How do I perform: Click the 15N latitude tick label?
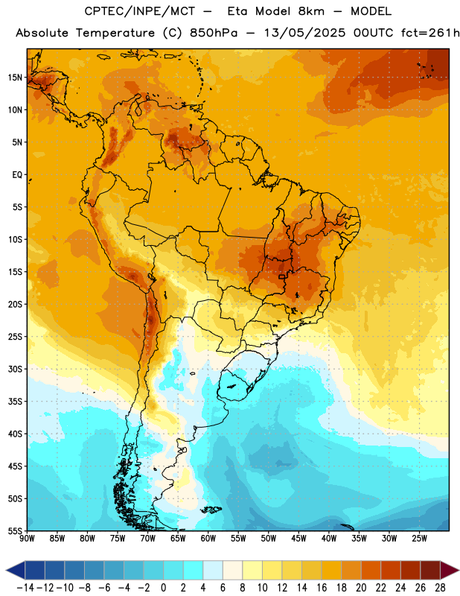(x=15, y=77)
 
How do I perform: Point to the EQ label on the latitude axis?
(x=17, y=175)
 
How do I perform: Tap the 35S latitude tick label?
(x=15, y=402)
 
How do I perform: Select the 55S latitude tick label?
(x=15, y=530)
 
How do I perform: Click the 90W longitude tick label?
(x=27, y=538)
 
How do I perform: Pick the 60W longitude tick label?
(x=208, y=538)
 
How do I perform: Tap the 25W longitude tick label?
(x=419, y=538)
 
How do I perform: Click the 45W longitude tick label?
(x=298, y=538)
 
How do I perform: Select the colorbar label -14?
(x=25, y=588)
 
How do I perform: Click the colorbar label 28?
(x=440, y=588)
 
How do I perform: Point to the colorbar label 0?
(x=163, y=588)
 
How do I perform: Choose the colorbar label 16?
(x=322, y=588)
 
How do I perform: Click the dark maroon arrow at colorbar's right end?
(x=449, y=570)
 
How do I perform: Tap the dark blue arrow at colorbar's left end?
(x=16, y=570)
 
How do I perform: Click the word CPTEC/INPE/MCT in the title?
(x=140, y=11)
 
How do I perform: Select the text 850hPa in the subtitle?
(x=214, y=33)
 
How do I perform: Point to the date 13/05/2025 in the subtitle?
(x=304, y=33)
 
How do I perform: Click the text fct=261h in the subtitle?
(x=430, y=33)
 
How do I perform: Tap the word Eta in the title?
(x=237, y=11)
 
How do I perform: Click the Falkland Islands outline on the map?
(x=211, y=510)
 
